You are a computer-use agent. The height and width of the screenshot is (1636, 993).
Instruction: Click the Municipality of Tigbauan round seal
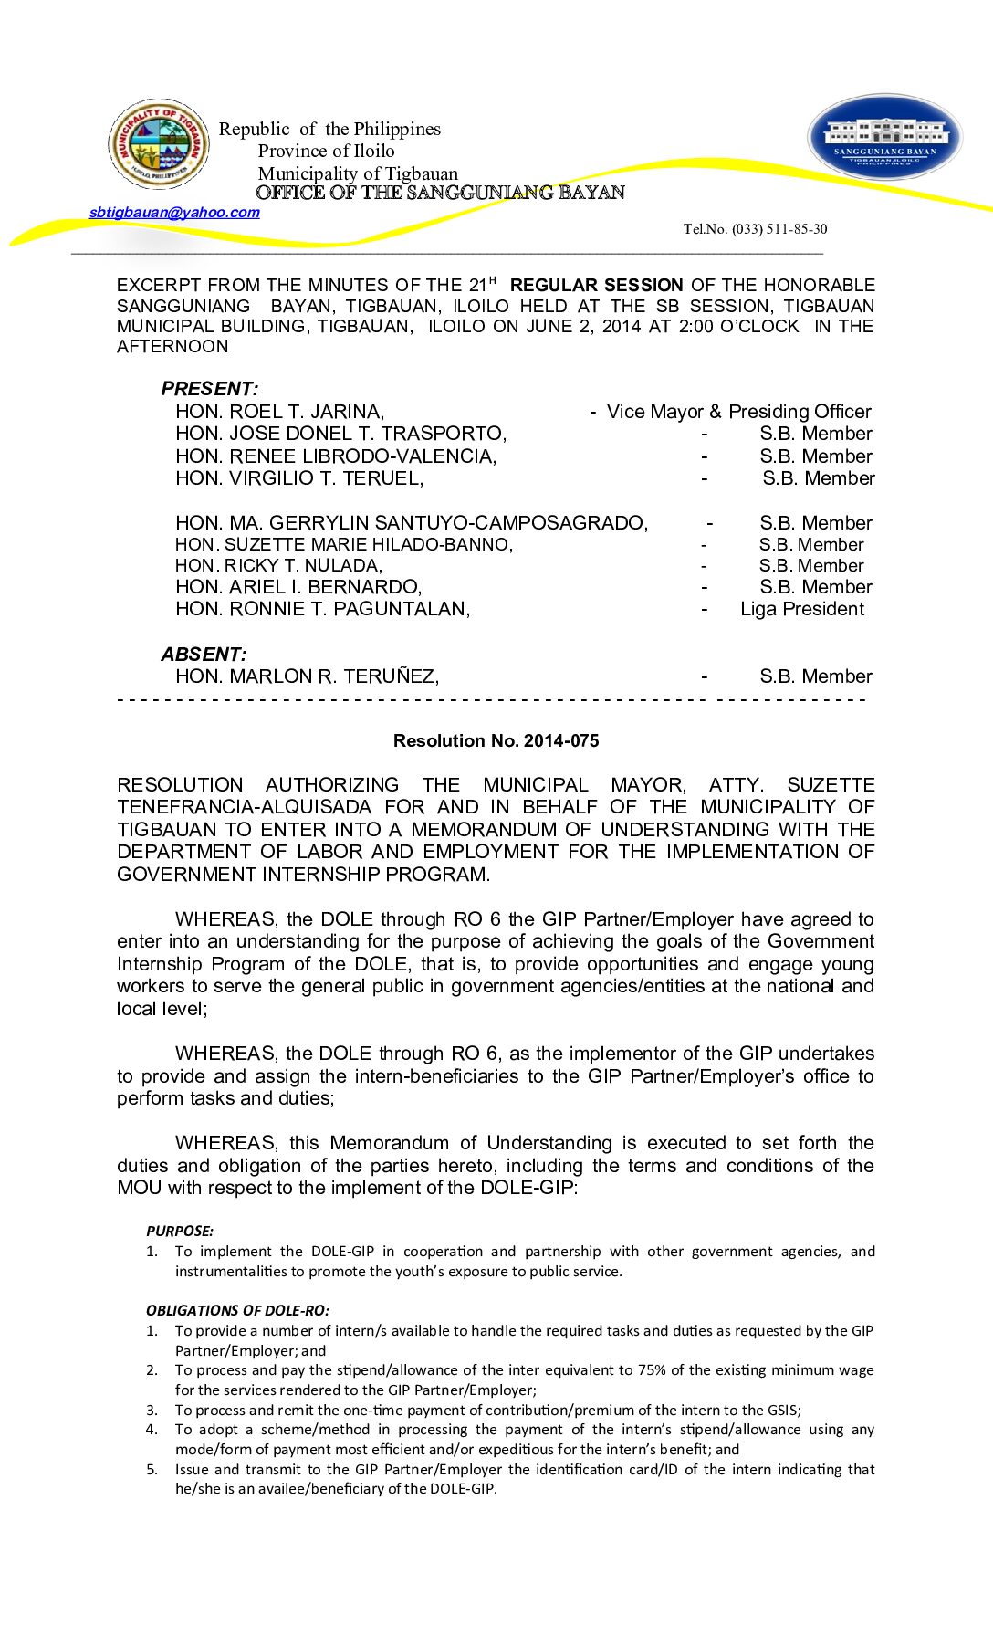[x=159, y=144]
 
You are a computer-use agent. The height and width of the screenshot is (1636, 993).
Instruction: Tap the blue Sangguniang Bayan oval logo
[x=884, y=138]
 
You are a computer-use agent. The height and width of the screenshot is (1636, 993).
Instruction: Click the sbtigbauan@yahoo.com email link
[x=174, y=213]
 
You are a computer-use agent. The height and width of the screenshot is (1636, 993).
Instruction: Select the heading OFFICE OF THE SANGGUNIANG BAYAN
[x=440, y=193]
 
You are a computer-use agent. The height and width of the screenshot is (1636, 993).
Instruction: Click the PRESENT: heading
[x=209, y=389]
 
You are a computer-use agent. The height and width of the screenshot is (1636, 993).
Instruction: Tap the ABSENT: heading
[x=204, y=655]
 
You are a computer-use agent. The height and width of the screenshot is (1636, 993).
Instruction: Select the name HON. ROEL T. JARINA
[x=279, y=412]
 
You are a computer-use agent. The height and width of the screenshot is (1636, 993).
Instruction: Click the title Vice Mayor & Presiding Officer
[x=738, y=412]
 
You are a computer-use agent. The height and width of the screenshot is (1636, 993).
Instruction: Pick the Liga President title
[x=801, y=609]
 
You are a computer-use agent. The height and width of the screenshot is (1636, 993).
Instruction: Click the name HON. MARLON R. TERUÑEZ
[x=307, y=676]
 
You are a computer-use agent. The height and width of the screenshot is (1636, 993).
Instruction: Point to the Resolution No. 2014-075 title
[x=496, y=741]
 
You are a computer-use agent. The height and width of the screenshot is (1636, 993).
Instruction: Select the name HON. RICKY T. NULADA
[x=278, y=566]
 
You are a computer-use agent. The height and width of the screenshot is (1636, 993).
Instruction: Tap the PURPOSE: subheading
[x=180, y=1232]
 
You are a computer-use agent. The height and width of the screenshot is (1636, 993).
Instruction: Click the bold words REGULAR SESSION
[x=596, y=286]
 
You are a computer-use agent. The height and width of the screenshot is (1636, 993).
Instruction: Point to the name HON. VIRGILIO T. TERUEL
[x=299, y=478]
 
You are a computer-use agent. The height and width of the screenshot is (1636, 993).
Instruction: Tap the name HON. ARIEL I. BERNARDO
[x=298, y=587]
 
